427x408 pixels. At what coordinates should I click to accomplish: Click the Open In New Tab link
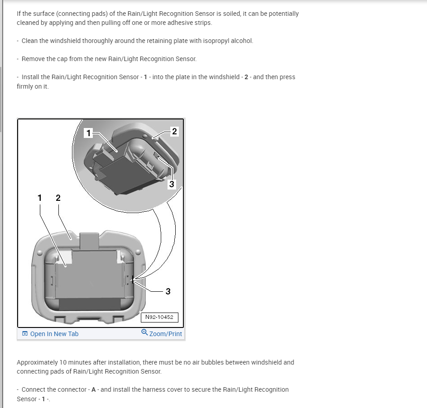tap(54, 334)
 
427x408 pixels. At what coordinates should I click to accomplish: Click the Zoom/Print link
tap(165, 334)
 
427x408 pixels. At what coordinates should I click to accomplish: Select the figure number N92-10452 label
tap(159, 317)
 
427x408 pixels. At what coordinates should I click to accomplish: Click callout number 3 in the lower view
tap(168, 291)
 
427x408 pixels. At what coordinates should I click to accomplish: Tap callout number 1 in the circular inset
tap(89, 133)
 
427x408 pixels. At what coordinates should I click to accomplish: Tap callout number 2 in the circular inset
tap(175, 132)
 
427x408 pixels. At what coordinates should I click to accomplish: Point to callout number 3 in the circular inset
tap(171, 184)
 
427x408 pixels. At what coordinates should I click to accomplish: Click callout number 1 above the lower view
tap(40, 198)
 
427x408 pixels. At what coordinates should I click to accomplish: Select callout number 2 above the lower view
tap(58, 198)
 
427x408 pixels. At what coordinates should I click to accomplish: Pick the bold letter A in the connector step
tap(93, 389)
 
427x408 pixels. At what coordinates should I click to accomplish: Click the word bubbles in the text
tap(218, 362)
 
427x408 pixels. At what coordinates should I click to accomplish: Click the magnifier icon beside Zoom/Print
tap(144, 332)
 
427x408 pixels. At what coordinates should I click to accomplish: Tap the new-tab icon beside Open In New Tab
tap(25, 334)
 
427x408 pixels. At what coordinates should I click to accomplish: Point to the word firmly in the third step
tap(26, 86)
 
